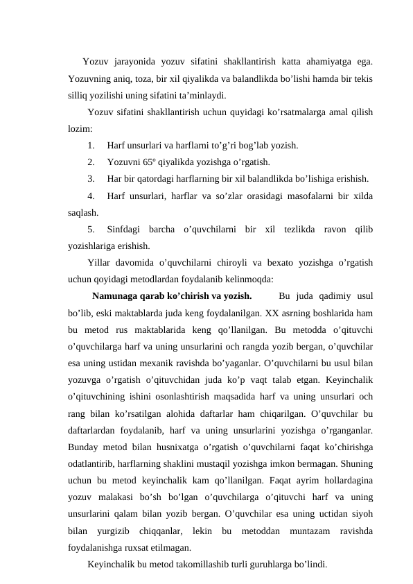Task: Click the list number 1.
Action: (92, 146)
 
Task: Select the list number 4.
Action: (92, 196)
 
